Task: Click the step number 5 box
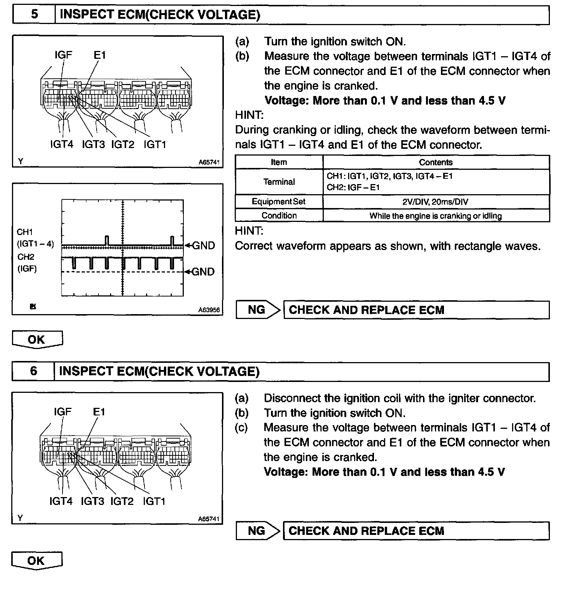tap(34, 15)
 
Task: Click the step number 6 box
tap(33, 371)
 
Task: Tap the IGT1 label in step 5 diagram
tap(155, 144)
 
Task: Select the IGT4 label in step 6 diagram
tap(61, 501)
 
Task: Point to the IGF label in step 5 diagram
tap(63, 55)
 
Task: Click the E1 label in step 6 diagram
tap(99, 412)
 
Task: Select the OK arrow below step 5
tap(37, 340)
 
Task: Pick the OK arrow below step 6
tap(37, 561)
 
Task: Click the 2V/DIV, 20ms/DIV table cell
tap(436, 202)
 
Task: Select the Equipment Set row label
tap(279, 202)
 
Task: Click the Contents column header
tap(436, 162)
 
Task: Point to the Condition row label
tap(279, 216)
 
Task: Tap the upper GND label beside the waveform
tap(203, 246)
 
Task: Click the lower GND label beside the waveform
tap(203, 272)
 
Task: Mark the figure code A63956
tap(209, 310)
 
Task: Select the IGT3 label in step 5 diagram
tap(93, 144)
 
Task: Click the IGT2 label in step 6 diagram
tap(122, 501)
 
